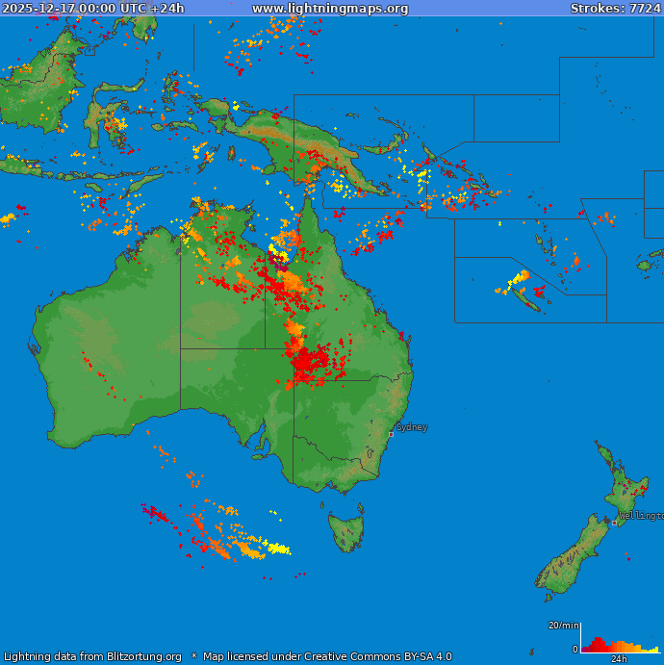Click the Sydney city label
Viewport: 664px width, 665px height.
point(412,427)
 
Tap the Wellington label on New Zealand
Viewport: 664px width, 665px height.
point(641,516)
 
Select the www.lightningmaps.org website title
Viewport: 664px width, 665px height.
point(330,9)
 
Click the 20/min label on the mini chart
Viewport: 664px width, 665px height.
point(563,626)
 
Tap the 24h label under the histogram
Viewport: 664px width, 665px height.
point(619,659)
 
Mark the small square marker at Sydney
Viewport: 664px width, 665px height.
point(391,434)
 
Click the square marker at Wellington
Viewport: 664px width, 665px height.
point(614,523)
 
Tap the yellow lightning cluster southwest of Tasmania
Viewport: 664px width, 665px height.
point(278,549)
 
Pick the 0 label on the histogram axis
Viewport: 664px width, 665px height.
point(575,650)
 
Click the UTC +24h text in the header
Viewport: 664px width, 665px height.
point(150,9)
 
